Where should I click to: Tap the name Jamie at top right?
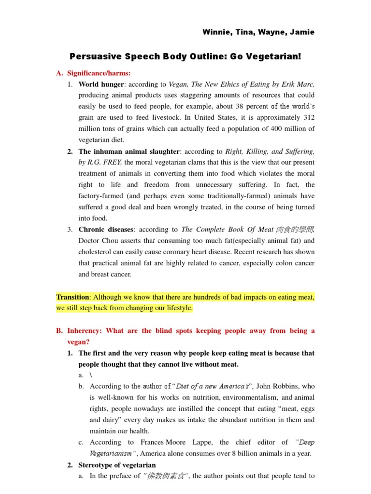[302, 32]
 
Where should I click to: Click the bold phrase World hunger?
[99, 84]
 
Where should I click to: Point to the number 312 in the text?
[308, 117]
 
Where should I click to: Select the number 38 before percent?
[224, 106]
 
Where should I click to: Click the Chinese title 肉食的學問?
[295, 230]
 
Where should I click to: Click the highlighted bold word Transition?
[72, 297]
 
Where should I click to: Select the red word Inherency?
[85, 331]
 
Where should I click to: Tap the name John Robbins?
[279, 386]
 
